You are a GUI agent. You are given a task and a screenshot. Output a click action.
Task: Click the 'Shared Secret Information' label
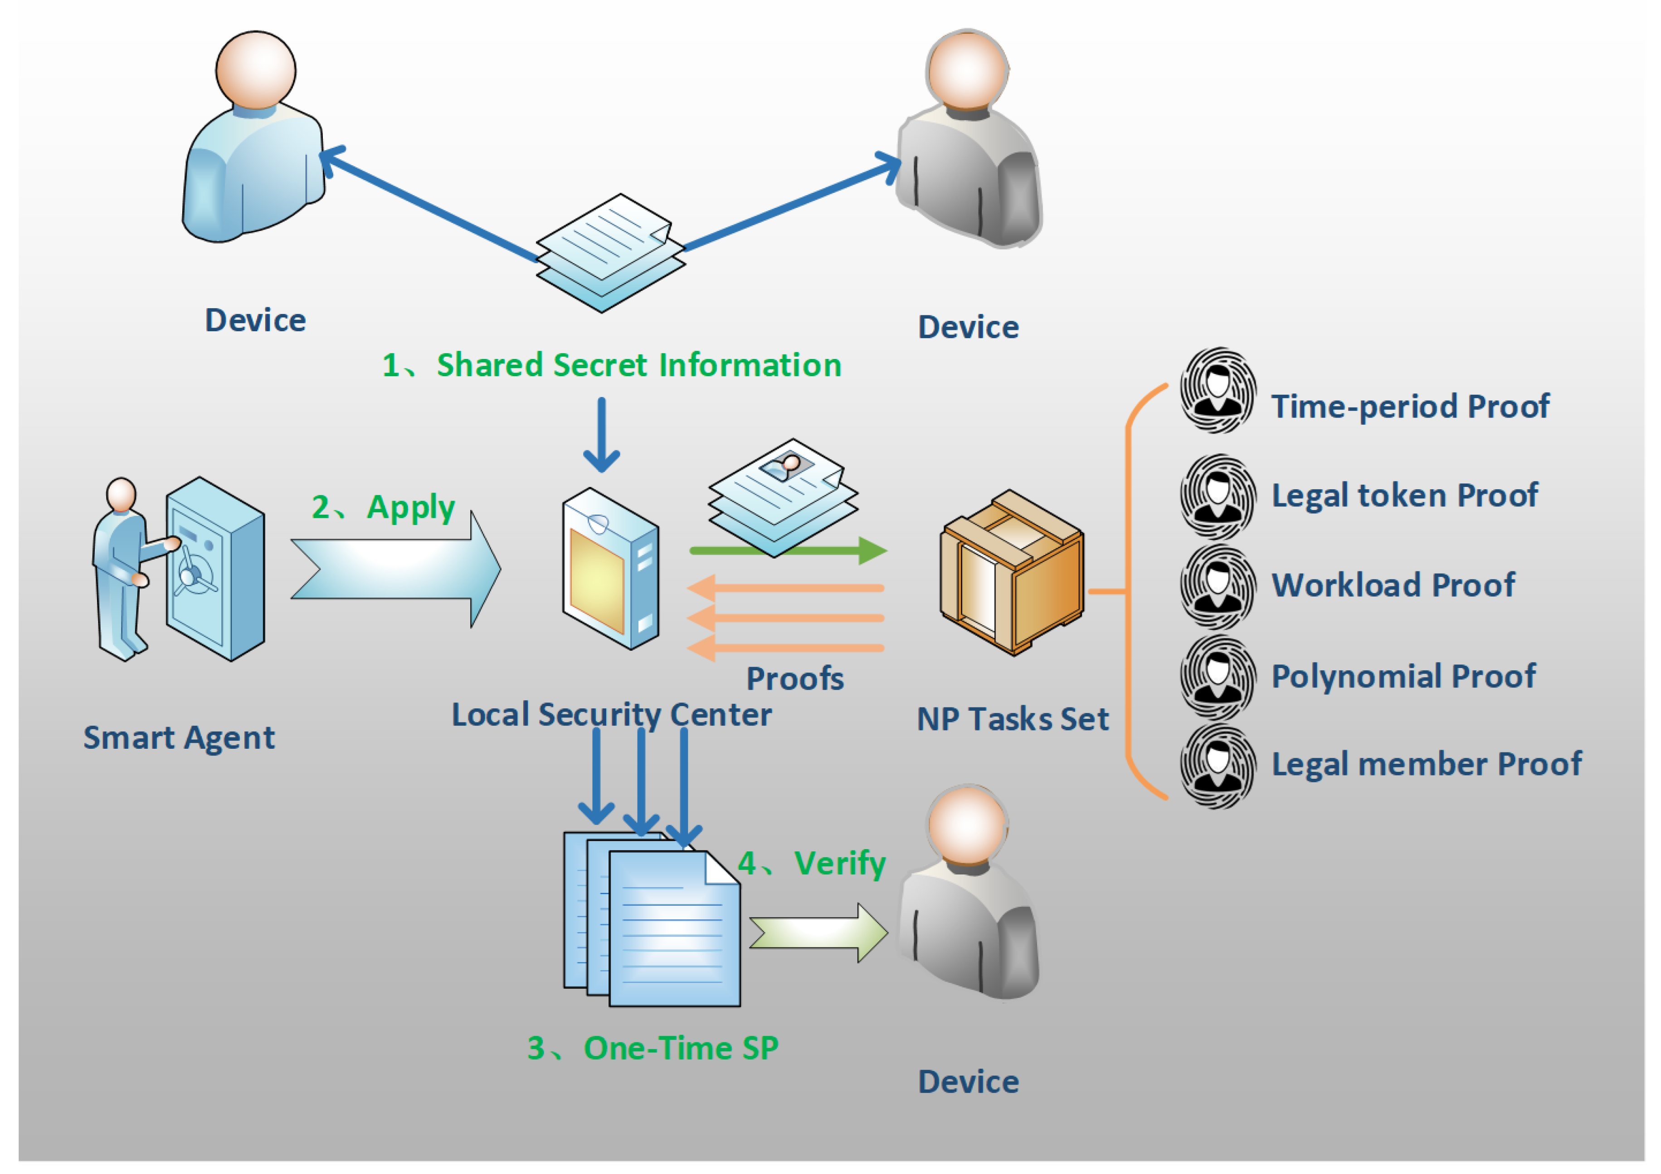[x=639, y=365]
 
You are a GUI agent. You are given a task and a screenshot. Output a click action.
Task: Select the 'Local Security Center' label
[x=611, y=715]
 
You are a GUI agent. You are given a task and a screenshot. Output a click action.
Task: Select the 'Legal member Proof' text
[x=1426, y=764]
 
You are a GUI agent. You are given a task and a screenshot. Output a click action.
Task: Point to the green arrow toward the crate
[x=789, y=551]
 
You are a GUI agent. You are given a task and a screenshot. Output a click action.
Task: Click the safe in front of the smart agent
[x=215, y=569]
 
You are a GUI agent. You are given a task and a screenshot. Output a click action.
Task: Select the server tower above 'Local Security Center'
[x=611, y=569]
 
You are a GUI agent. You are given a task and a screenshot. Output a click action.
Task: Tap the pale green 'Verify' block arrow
[x=818, y=933]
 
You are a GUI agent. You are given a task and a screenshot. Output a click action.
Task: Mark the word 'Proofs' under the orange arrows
[x=795, y=679]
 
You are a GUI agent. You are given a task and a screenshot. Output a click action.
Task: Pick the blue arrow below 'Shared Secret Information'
[x=601, y=434]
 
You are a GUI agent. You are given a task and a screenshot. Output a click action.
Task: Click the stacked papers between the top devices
[x=611, y=253]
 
